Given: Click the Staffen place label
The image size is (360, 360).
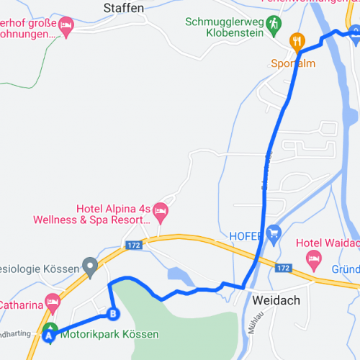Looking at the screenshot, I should click(x=124, y=8).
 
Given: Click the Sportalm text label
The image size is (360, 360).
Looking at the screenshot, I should click(x=294, y=63).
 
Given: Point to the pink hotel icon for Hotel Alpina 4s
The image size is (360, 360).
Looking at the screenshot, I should click(x=161, y=211).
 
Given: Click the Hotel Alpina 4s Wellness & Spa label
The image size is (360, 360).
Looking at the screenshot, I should click(x=115, y=215).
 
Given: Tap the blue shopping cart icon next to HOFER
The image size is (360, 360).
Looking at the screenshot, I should click(x=273, y=233).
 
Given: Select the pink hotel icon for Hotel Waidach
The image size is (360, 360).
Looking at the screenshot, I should click(x=313, y=258).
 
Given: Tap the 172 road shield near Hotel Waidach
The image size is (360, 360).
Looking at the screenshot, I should click(x=283, y=268).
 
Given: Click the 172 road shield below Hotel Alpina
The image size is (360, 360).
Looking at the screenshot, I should click(x=133, y=246).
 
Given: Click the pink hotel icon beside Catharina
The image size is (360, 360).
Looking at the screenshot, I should click(x=52, y=303).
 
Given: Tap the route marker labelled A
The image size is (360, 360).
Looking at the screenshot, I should click(x=49, y=334).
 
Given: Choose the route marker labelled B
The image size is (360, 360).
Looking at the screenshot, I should click(x=112, y=313).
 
